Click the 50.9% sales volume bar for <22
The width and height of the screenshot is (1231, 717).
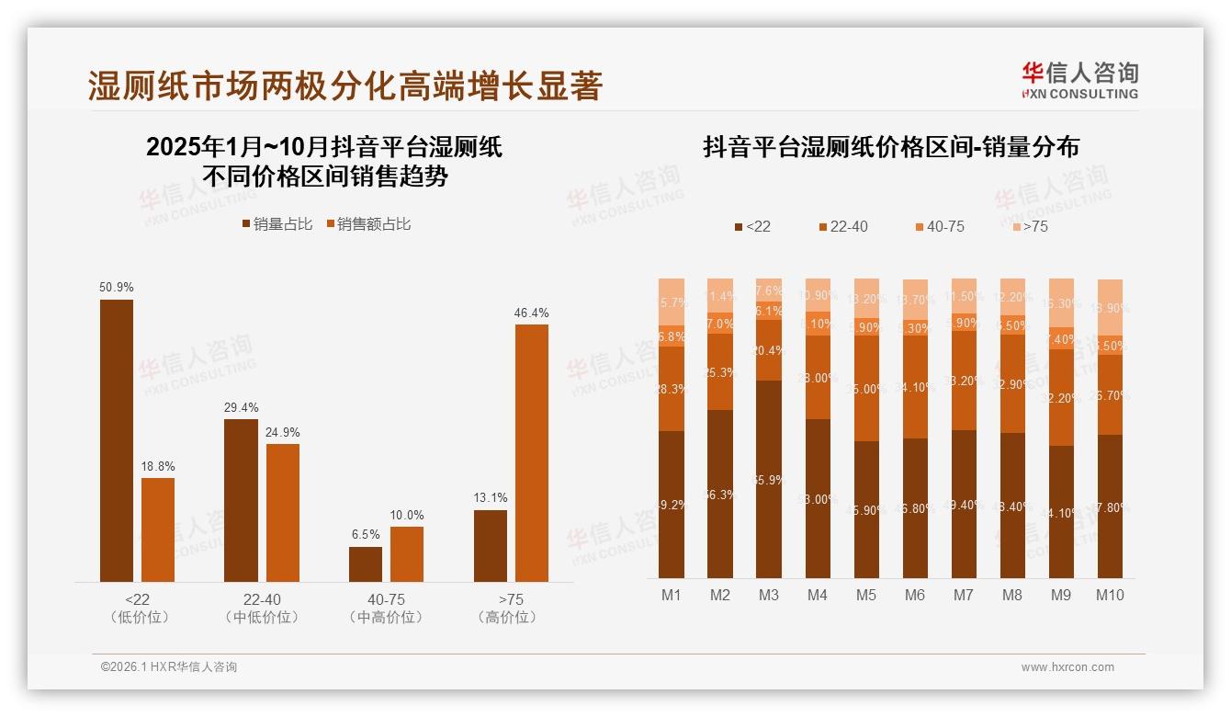(117, 440)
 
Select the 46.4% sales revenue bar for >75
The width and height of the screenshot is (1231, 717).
(532, 452)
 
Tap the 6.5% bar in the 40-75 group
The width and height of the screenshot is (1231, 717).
(366, 563)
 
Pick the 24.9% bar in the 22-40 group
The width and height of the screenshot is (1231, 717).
(283, 512)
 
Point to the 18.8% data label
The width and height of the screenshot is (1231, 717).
(158, 467)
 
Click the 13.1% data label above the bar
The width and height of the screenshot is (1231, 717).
(491, 498)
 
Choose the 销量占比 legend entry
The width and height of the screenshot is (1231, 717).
(277, 224)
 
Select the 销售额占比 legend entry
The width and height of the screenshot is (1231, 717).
(367, 224)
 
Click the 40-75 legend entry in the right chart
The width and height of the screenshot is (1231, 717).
(939, 226)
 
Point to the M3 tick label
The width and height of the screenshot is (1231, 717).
(769, 595)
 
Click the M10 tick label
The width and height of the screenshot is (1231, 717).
(1110, 595)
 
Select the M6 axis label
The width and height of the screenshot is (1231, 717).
(915, 595)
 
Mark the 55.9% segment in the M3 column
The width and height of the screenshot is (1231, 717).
(769, 478)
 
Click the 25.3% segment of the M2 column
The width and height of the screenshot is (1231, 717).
(720, 371)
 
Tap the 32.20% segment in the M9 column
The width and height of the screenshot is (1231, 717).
(1061, 397)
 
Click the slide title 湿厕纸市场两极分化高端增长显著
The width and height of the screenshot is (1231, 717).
(344, 86)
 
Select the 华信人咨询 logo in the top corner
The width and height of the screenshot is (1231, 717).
(1079, 80)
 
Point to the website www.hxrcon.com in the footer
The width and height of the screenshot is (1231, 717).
(1067, 667)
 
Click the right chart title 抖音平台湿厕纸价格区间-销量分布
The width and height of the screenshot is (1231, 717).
(890, 147)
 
